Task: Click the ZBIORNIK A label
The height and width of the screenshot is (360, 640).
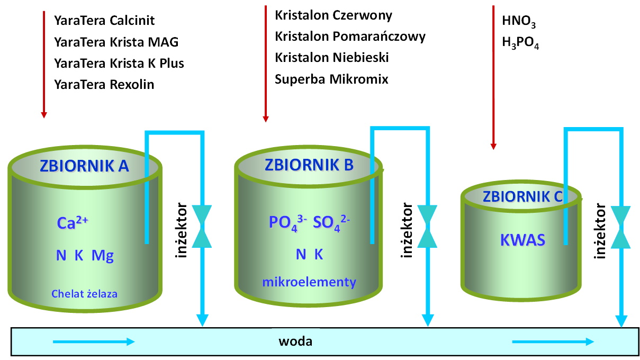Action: pyautogui.click(x=84, y=166)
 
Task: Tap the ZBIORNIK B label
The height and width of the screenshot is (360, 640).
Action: pyautogui.click(x=309, y=165)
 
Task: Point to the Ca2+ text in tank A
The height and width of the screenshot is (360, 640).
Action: pyautogui.click(x=72, y=222)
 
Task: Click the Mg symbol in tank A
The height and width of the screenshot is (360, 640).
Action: pyautogui.click(x=103, y=256)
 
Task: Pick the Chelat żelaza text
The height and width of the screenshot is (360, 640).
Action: pyautogui.click(x=85, y=293)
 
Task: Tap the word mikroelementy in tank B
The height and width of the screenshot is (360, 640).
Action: pyautogui.click(x=309, y=282)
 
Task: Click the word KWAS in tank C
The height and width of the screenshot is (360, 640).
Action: pyautogui.click(x=522, y=240)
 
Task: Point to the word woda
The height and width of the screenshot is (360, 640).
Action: pyautogui.click(x=295, y=341)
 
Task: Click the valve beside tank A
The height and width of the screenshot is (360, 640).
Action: pyautogui.click(x=202, y=226)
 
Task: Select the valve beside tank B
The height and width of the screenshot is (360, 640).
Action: pyautogui.click(x=427, y=226)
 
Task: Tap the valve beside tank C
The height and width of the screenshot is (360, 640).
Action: pyautogui.click(x=621, y=227)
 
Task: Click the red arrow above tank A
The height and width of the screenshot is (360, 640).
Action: pyautogui.click(x=44, y=64)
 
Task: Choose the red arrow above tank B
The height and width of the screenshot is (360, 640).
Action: pyautogui.click(x=266, y=64)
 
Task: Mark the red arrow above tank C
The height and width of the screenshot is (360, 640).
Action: pyautogui.click(x=493, y=77)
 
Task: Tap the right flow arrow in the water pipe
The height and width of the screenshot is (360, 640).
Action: pyautogui.click(x=553, y=342)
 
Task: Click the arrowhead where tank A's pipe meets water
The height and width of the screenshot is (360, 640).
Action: pyautogui.click(x=202, y=320)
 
